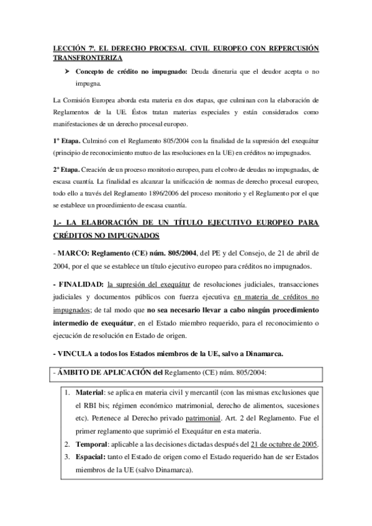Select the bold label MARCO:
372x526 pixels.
73,252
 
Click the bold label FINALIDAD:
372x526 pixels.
81,285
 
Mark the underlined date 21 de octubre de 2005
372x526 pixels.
283,445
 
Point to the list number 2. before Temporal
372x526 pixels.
68,445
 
